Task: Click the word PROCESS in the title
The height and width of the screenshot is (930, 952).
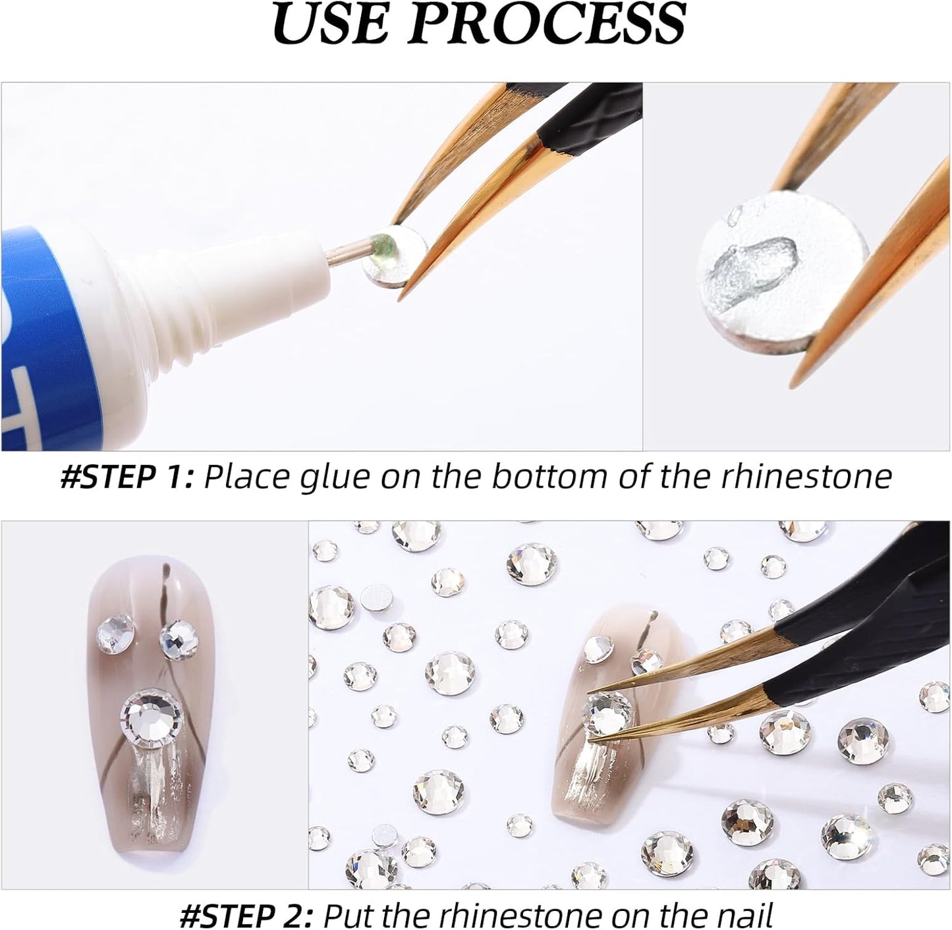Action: point(553,24)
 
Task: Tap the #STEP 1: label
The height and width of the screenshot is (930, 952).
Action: point(126,476)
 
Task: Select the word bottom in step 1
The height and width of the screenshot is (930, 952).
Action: point(550,476)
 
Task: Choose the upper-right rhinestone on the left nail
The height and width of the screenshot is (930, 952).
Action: point(179,637)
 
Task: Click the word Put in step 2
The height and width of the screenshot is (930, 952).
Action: point(349,915)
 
